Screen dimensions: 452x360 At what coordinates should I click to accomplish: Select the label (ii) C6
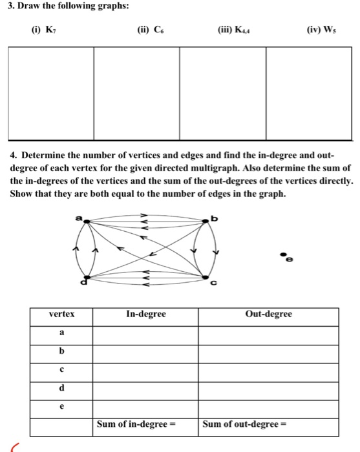(150, 30)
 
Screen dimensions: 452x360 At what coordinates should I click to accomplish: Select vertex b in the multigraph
(205, 221)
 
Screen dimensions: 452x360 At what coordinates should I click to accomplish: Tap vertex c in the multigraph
(206, 277)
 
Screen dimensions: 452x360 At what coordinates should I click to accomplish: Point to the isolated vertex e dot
(282, 256)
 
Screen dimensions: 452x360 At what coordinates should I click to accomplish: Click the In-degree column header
(146, 314)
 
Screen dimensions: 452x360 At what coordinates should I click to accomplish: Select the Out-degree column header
(269, 314)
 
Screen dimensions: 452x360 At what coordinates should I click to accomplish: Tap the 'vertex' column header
(61, 314)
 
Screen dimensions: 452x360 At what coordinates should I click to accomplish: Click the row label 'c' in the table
(61, 371)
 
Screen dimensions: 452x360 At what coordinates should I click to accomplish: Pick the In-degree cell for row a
(145, 334)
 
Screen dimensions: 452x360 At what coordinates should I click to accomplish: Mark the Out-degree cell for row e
(269, 408)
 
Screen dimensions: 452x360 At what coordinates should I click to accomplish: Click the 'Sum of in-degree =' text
(136, 425)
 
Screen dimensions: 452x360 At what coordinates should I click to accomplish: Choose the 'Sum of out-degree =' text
(245, 425)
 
